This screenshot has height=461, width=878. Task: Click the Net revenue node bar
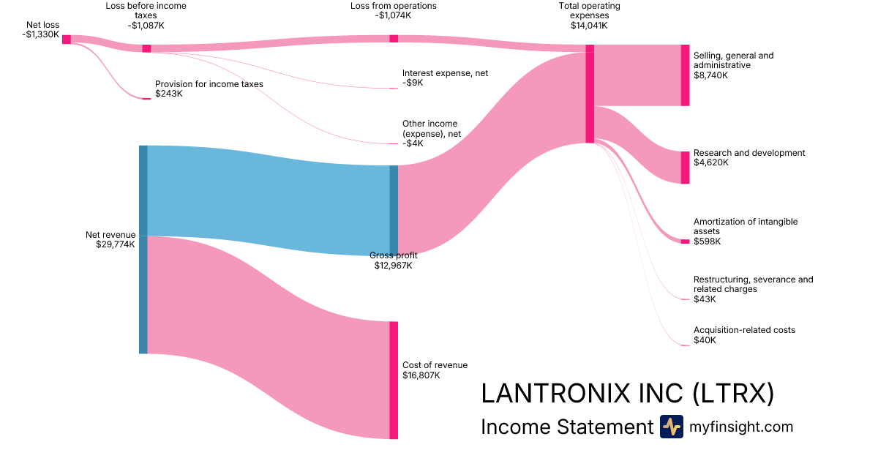pos(143,250)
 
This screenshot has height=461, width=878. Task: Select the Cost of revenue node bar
pos(394,380)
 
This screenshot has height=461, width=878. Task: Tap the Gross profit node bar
pos(394,210)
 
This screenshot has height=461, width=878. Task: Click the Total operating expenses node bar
pos(590,94)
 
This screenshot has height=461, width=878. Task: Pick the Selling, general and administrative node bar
pos(685,75)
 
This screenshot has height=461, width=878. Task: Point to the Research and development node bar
pos(685,168)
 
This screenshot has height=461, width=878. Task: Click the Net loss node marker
pos(67,40)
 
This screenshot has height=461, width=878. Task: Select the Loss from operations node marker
pos(394,39)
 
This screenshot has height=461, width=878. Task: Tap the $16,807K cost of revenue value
pos(421,375)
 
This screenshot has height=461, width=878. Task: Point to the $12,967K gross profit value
pos(393,265)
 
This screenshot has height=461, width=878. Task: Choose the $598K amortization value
pos(707,241)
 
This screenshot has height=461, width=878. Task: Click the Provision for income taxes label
pos(209,84)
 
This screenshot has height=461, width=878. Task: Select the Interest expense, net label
pos(445,73)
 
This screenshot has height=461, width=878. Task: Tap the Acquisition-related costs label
pos(744,330)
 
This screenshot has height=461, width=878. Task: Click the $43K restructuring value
pos(705,299)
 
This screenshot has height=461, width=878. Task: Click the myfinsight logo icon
pos(671,427)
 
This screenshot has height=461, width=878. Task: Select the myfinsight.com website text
pos(741,427)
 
